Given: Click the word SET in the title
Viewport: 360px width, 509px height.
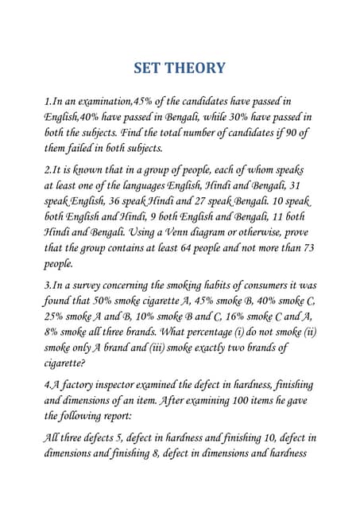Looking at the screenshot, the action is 149,68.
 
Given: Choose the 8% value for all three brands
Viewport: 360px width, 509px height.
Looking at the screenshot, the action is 54,332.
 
